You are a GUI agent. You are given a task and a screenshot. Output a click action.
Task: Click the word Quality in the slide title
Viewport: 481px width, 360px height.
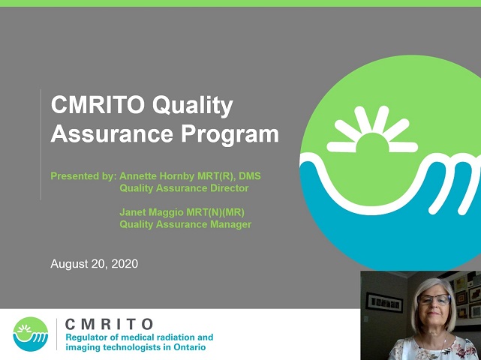pos(193,106)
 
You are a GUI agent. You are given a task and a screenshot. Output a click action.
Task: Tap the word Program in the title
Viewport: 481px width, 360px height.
pos(230,135)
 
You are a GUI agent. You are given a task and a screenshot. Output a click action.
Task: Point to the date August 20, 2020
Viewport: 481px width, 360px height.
pos(95,264)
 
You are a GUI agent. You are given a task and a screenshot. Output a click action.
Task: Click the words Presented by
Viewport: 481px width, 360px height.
pos(83,176)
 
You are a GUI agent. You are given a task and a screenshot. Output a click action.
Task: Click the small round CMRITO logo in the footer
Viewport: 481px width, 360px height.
pos(30,334)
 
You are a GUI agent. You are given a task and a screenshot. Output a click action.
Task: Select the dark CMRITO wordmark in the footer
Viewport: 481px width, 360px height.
pos(109,324)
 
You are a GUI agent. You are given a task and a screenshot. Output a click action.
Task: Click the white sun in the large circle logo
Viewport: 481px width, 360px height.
pos(372,130)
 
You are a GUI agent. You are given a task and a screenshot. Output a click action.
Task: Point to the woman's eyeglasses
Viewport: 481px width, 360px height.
pos(434,299)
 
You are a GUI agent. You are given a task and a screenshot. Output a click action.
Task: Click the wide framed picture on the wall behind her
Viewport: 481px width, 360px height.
pos(383,302)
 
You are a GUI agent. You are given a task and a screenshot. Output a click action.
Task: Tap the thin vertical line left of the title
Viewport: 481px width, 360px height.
pos(41,145)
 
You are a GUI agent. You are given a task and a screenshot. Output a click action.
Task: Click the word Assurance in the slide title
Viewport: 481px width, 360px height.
pos(112,135)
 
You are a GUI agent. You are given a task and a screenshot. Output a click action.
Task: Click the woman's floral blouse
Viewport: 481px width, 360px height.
pos(432,349)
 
